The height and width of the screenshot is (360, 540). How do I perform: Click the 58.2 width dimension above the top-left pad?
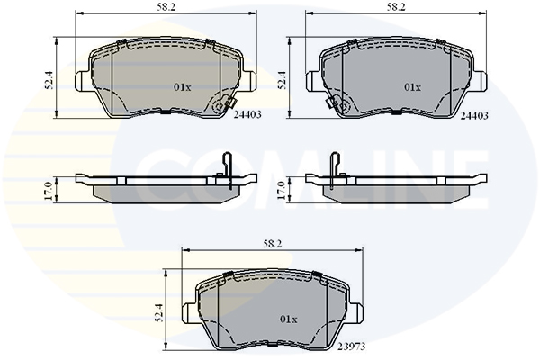coord(166,7)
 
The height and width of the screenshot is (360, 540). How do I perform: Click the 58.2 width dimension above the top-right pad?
coord(396,7)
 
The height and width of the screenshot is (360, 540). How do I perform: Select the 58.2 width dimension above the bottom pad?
coord(273,244)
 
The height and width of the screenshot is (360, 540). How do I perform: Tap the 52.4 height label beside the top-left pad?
coord(49,80)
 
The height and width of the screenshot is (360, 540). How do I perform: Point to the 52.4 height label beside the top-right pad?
coord(282,80)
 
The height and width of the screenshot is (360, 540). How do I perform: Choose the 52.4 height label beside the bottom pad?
coord(158,313)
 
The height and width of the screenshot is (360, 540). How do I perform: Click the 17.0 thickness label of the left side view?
coord(49,191)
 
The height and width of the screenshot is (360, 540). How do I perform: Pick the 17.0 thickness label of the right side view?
coord(282,191)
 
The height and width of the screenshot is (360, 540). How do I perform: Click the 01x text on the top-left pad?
coord(182,87)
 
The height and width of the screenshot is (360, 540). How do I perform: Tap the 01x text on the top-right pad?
coord(412,87)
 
